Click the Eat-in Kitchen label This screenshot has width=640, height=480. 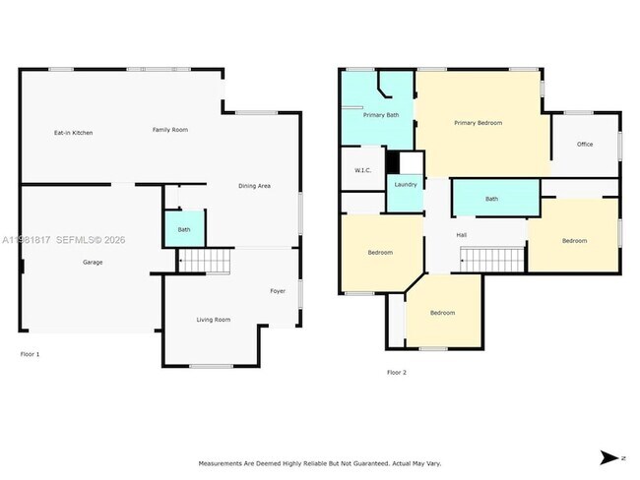pos(73,132)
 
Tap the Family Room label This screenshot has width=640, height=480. pos(169,130)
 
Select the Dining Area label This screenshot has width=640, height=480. pos(254,186)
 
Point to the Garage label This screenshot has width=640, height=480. pos(93,262)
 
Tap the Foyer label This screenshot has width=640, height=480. pos(278,291)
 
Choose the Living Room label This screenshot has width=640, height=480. pos(214,320)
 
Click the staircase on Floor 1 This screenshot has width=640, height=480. pos(204,262)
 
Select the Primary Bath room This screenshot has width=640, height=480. pos(380,115)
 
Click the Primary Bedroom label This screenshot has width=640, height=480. pos(478,123)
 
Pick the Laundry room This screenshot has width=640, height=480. pos(405,184)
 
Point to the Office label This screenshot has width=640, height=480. pos(585,145)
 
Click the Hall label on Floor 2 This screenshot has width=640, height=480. pos(461,235)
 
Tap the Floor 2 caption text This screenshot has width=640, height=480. pos(396,372)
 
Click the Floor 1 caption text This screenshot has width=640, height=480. pos(31,353)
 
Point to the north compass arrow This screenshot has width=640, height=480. pos(609,457)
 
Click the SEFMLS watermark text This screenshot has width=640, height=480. pos(79,239)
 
